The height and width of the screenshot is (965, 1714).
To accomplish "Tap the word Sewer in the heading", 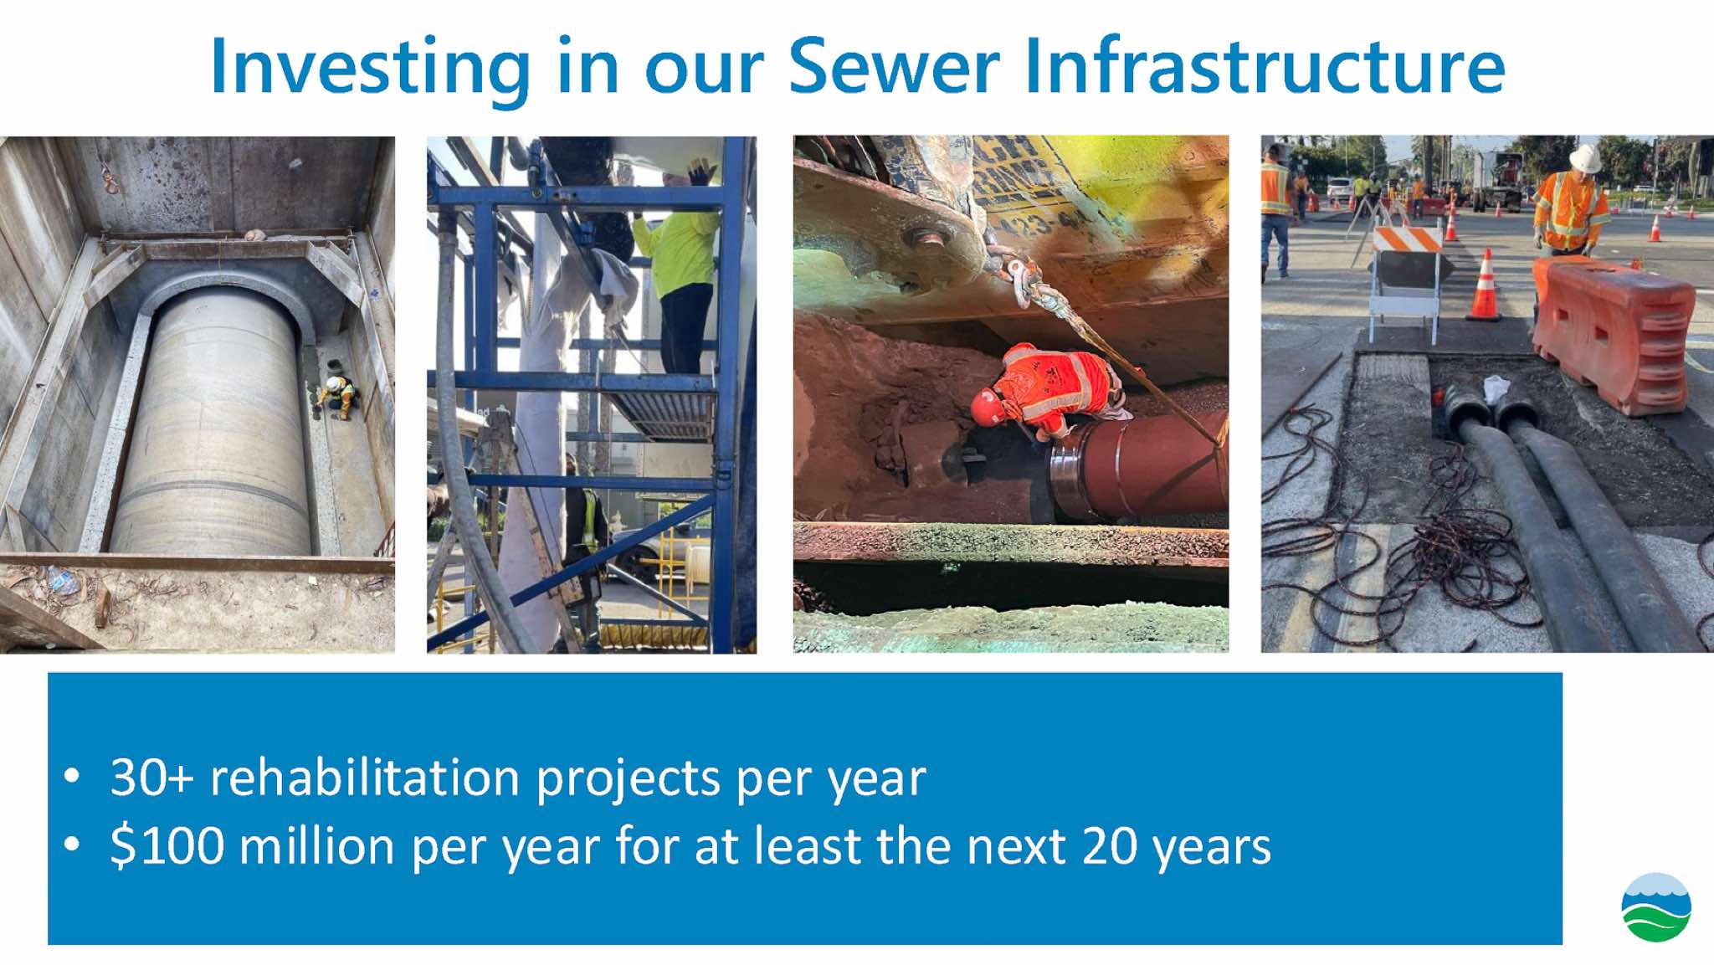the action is (x=894, y=65).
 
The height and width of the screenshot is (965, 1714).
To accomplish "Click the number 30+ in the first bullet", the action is (x=151, y=778).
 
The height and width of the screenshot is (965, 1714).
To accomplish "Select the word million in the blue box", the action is (x=316, y=845).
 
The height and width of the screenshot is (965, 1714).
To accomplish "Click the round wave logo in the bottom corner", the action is (x=1655, y=907).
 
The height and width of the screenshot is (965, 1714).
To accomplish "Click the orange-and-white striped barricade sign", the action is (x=1407, y=239).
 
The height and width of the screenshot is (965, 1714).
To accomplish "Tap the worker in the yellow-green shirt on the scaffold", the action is (x=680, y=269).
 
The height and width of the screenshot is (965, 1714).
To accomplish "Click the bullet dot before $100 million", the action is (x=73, y=844).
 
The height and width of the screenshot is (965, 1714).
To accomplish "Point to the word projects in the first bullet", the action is (x=629, y=779).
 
